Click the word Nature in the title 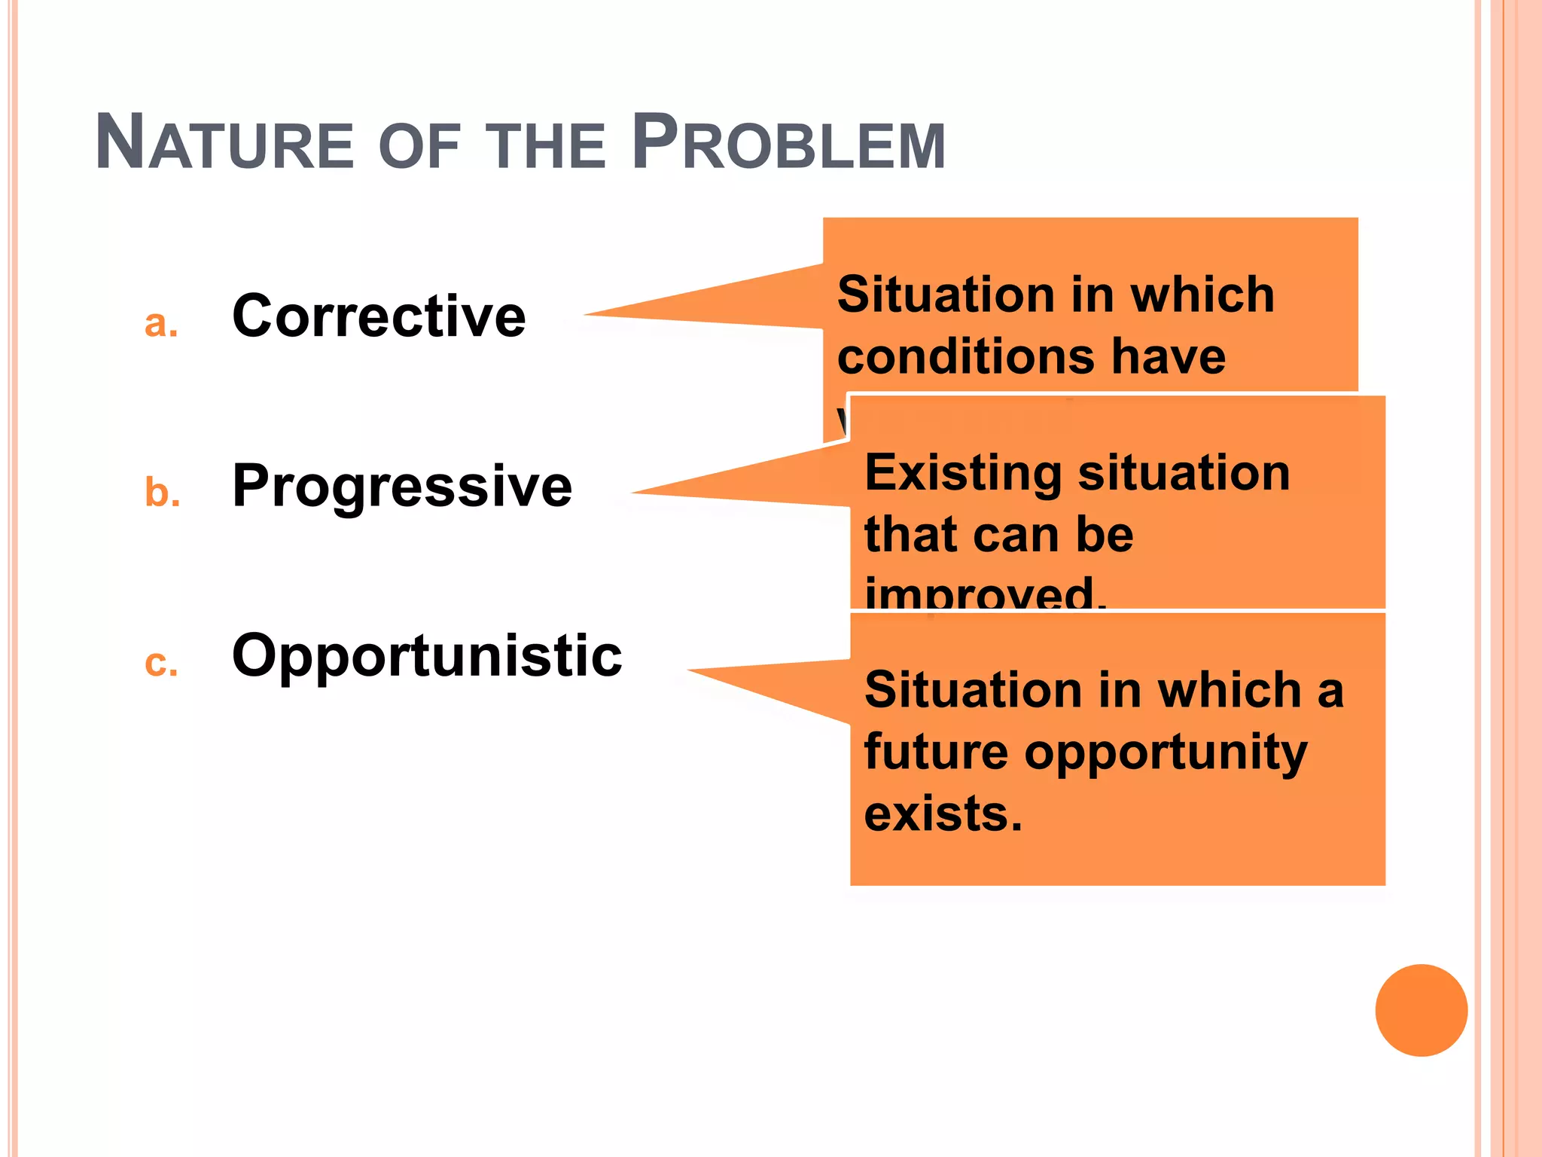click(x=224, y=143)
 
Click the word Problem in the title click(x=788, y=143)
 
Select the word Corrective click(x=379, y=316)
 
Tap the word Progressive click(x=402, y=487)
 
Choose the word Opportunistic click(x=427, y=656)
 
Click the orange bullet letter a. click(x=160, y=325)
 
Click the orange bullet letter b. click(x=162, y=493)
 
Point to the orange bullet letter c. click(x=161, y=664)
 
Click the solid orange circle click(x=1421, y=1010)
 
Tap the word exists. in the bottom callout click(x=943, y=814)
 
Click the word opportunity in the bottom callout click(x=1166, y=753)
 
